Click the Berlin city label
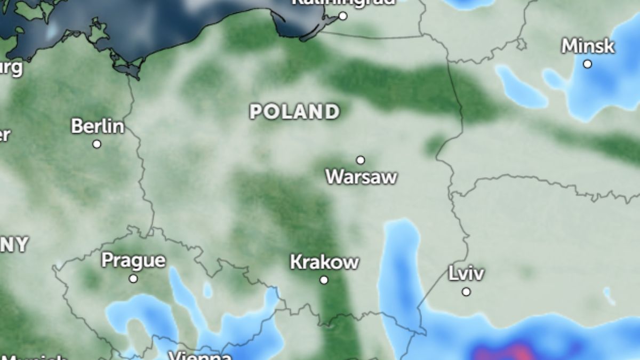pos(97,126)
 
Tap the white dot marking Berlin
pos(97,144)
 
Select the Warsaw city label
pos(362,177)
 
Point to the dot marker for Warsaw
pos(361,160)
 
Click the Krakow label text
pos(324,262)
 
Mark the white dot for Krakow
pos(324,280)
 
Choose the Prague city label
pos(133,261)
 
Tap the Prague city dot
pos(133,278)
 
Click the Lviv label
pos(466,274)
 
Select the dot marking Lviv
pos(467,292)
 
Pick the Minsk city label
pos(588,46)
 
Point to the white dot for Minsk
pos(587,64)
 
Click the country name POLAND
pos(294,112)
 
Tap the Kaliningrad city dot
pos(343,16)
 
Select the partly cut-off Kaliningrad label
pos(343,2)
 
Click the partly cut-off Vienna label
pos(200,356)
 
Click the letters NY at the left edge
pos(13,245)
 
